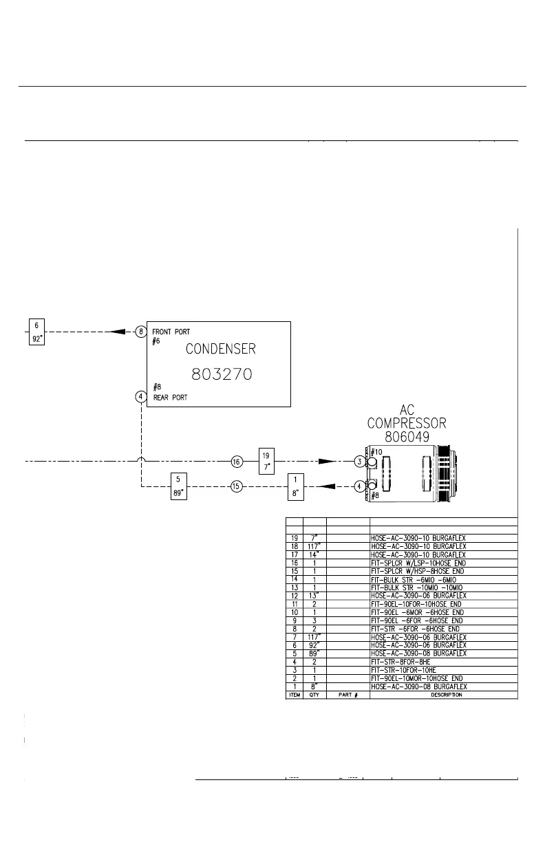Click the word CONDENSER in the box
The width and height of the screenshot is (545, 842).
coord(220,349)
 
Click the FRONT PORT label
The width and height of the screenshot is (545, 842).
coord(172,331)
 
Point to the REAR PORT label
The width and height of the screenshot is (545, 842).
coord(170,397)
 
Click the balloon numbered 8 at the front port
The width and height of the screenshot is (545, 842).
coord(141,331)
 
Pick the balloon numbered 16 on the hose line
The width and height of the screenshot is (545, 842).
coord(237,462)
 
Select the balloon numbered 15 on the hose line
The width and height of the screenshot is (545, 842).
coord(237,486)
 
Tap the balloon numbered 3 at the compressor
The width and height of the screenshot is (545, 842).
coord(359,462)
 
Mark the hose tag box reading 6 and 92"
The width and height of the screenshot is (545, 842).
coord(36,332)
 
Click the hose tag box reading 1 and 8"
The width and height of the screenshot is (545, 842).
coord(296,486)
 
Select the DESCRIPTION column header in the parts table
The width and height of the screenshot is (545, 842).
coord(443,695)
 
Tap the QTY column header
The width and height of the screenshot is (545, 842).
coord(314,695)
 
